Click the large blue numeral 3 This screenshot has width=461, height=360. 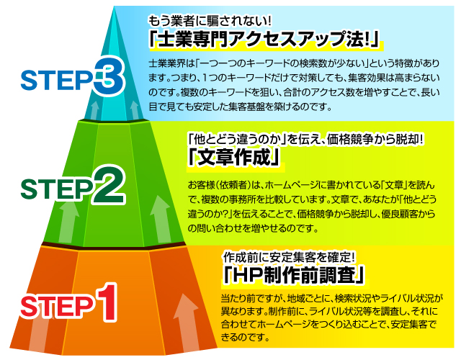tap(109, 75)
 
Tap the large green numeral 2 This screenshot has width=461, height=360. tap(107, 184)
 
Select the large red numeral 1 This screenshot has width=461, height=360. tap(107, 302)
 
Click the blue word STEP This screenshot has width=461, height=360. tap(56, 80)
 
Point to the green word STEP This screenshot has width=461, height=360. tap(56, 189)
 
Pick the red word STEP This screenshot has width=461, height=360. tap(57, 306)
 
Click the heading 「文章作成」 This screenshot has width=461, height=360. tap(234, 158)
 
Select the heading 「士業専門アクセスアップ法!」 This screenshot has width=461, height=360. tap(265, 39)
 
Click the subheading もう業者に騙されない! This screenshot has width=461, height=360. tap(210, 21)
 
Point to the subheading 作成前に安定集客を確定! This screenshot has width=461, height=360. tap(289, 258)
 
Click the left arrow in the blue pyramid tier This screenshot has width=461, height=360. tap(94, 110)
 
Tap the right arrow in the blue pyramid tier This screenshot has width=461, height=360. tap(135, 110)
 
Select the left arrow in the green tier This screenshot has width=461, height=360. tap(69, 222)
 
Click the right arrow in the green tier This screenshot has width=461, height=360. tap(161, 219)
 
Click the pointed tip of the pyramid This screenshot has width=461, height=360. tap(114, 6)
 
